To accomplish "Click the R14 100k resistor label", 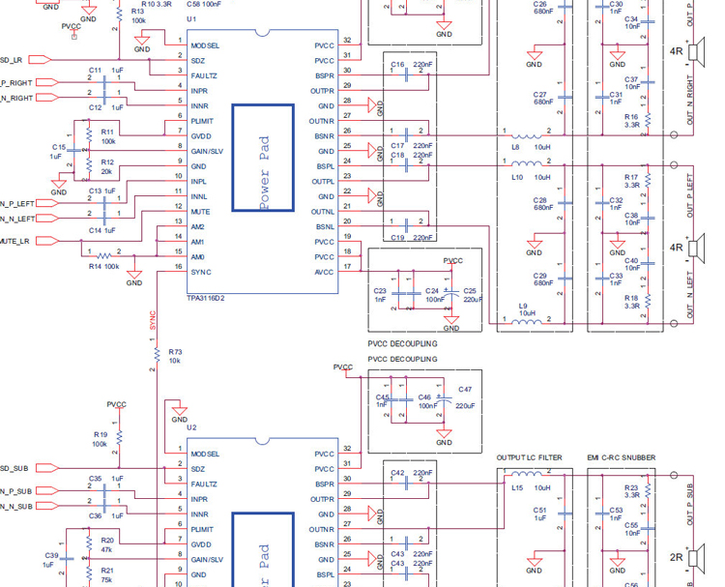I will (103, 265).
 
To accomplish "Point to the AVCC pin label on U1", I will (324, 272).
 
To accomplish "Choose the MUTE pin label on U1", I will (200, 211).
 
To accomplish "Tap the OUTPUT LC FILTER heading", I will (529, 457).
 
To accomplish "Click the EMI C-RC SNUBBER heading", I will (621, 457).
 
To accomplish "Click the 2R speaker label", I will (677, 557).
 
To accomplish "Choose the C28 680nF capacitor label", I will (541, 202).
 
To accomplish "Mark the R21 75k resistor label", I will (106, 575).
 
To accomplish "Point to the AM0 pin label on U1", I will (198, 256).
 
